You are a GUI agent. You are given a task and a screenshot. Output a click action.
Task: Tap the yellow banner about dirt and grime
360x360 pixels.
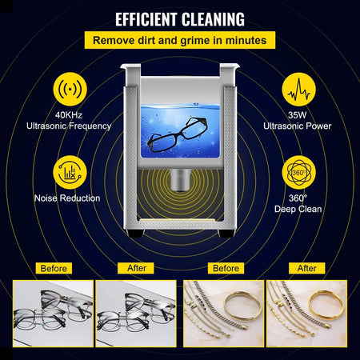click(179, 39)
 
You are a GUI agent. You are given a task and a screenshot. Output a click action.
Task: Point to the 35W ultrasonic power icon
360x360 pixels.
click(300, 89)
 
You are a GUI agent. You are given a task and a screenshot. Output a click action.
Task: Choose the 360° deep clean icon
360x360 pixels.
click(300, 172)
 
